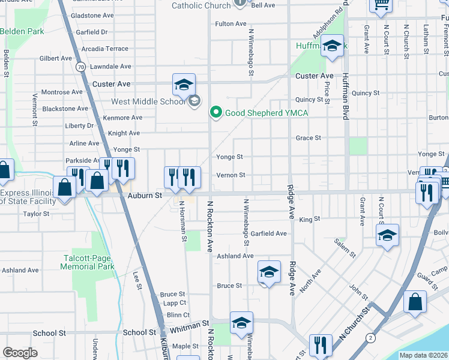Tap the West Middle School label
pyautogui.click(x=148, y=101)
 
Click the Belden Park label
pyautogui.click(x=22, y=31)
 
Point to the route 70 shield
pyautogui.click(x=80, y=67)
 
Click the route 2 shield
pyautogui.click(x=372, y=338)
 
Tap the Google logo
pyautogui.click(x=20, y=353)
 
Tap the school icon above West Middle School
pyautogui.click(x=184, y=84)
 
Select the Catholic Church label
pyautogui.click(x=201, y=5)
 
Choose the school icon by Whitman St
pyautogui.click(x=241, y=322)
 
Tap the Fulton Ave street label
pyautogui.click(x=231, y=24)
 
